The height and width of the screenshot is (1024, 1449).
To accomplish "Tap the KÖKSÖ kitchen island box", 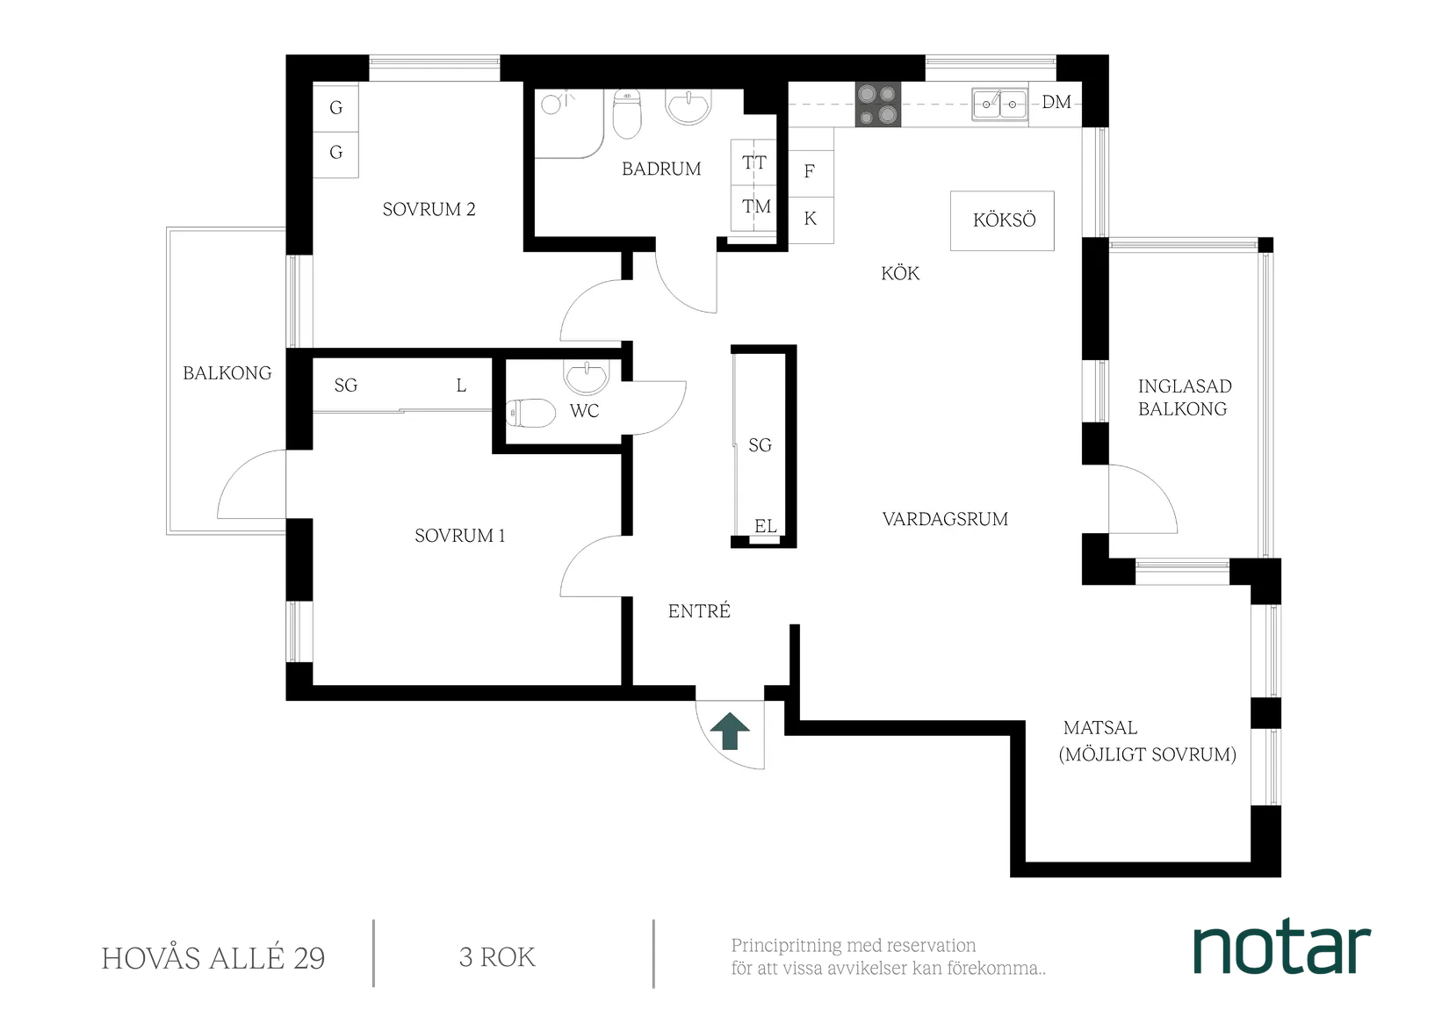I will tap(1003, 220).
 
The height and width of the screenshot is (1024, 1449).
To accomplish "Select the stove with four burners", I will tap(877, 105).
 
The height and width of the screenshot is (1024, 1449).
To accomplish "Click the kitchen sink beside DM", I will tap(1000, 104).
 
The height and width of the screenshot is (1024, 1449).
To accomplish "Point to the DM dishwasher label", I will tap(1056, 103).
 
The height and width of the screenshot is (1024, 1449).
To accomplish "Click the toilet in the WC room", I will tap(530, 412).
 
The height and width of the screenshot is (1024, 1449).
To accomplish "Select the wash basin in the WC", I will tap(585, 378).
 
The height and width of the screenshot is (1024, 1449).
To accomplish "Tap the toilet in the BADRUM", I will tap(627, 115).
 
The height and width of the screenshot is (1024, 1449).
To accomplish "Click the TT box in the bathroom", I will tap(753, 162).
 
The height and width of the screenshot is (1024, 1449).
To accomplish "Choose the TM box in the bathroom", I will tap(755, 207).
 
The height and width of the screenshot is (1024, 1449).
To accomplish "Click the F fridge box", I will tap(810, 172).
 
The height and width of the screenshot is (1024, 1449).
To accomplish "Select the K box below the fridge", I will tap(810, 219).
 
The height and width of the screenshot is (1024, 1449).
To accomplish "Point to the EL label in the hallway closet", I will tap(765, 526).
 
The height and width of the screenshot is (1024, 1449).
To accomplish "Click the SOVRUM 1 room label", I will tap(459, 536).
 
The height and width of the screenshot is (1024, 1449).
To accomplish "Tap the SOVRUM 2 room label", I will tap(429, 209).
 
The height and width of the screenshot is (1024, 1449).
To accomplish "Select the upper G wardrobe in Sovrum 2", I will tap(335, 108).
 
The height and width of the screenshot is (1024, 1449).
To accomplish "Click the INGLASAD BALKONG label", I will tap(1184, 397).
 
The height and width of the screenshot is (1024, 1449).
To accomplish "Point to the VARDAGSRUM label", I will tap(945, 519).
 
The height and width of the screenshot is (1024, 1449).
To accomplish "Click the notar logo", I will tap(1282, 948).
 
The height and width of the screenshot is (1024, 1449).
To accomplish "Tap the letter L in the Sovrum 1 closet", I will tap(461, 386).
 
